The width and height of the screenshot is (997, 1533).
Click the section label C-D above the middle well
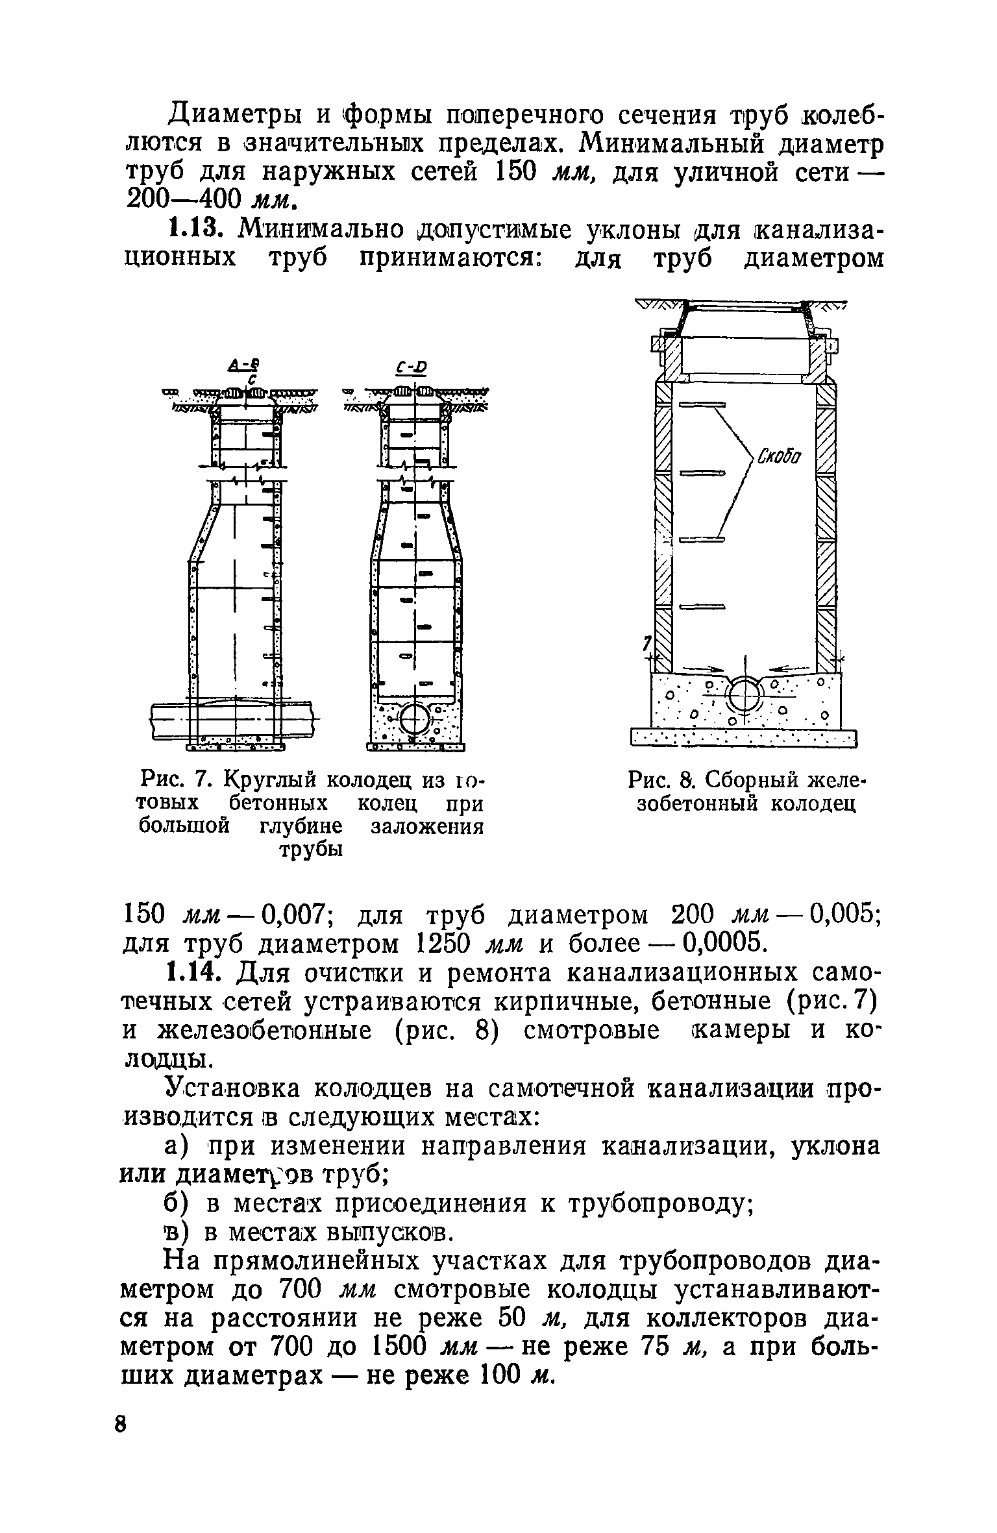(x=413, y=368)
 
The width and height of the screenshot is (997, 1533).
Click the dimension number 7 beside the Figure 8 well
(x=646, y=643)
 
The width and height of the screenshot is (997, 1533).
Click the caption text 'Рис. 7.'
(x=175, y=777)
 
